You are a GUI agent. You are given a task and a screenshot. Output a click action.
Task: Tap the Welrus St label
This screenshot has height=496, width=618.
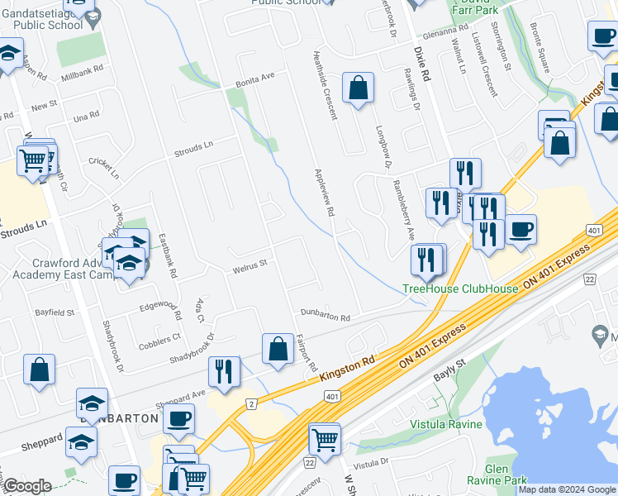[x=250, y=264]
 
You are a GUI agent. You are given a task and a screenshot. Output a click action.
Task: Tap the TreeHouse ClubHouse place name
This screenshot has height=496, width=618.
[x=459, y=289]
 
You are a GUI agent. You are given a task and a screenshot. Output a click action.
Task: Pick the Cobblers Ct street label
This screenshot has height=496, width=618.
[x=159, y=337]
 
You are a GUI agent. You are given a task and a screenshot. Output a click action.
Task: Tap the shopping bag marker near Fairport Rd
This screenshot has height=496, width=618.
[x=278, y=349]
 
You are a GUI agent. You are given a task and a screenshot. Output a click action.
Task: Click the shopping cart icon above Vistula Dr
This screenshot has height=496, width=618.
[x=325, y=438]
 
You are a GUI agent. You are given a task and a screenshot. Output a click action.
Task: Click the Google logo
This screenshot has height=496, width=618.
[x=29, y=486]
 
